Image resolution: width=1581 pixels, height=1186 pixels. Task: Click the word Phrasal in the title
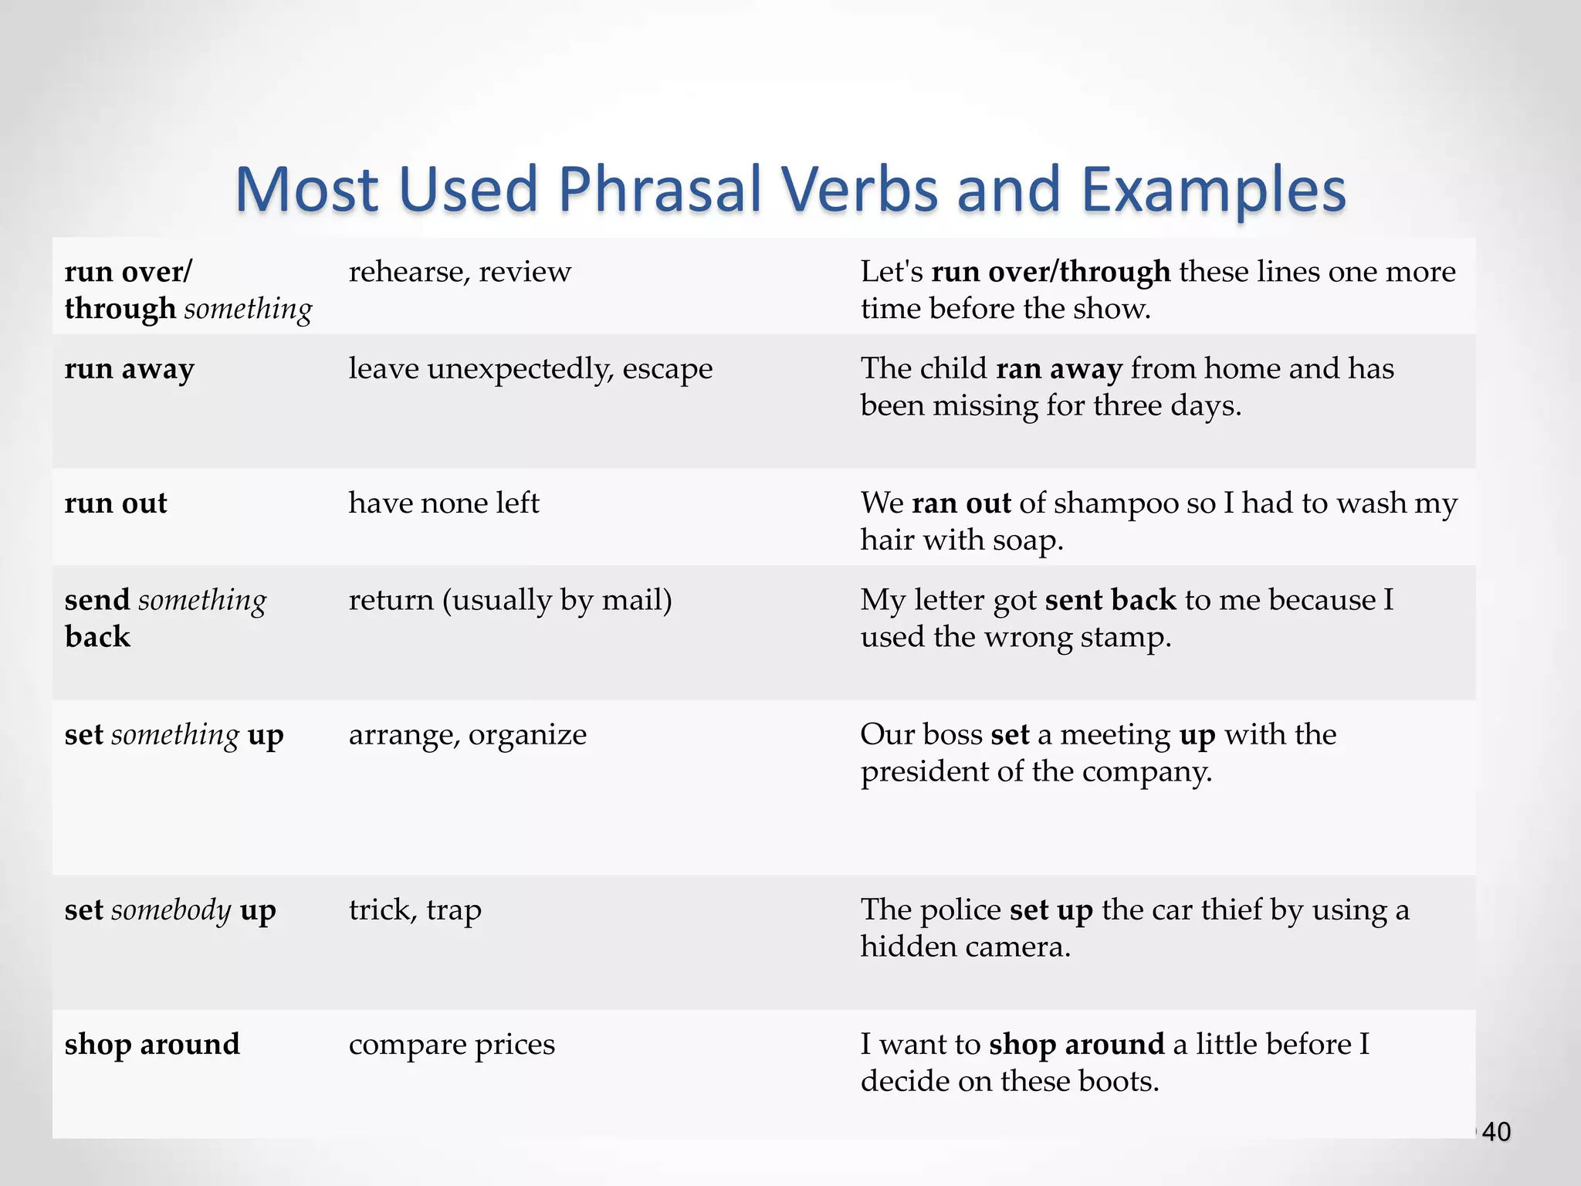tap(660, 190)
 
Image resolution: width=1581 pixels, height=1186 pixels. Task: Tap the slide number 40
tap(1496, 1132)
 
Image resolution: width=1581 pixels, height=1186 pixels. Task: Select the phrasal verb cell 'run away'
tap(129, 369)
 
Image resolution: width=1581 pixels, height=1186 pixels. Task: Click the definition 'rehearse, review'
tap(459, 272)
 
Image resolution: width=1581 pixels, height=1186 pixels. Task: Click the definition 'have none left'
tap(444, 503)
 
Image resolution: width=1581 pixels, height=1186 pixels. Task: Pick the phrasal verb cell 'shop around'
tap(152, 1045)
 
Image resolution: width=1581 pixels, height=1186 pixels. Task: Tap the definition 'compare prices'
tap(452, 1045)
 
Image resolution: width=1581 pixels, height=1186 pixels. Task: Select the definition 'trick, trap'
tap(415, 910)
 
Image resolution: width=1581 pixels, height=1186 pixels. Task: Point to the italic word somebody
tap(171, 910)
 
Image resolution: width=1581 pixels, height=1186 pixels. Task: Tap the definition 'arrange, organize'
tap(467, 735)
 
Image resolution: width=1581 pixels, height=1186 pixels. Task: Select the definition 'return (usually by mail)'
tap(510, 601)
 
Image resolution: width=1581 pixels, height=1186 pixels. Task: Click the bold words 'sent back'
tap(1110, 601)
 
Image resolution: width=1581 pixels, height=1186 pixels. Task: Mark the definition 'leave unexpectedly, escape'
tap(530, 369)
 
